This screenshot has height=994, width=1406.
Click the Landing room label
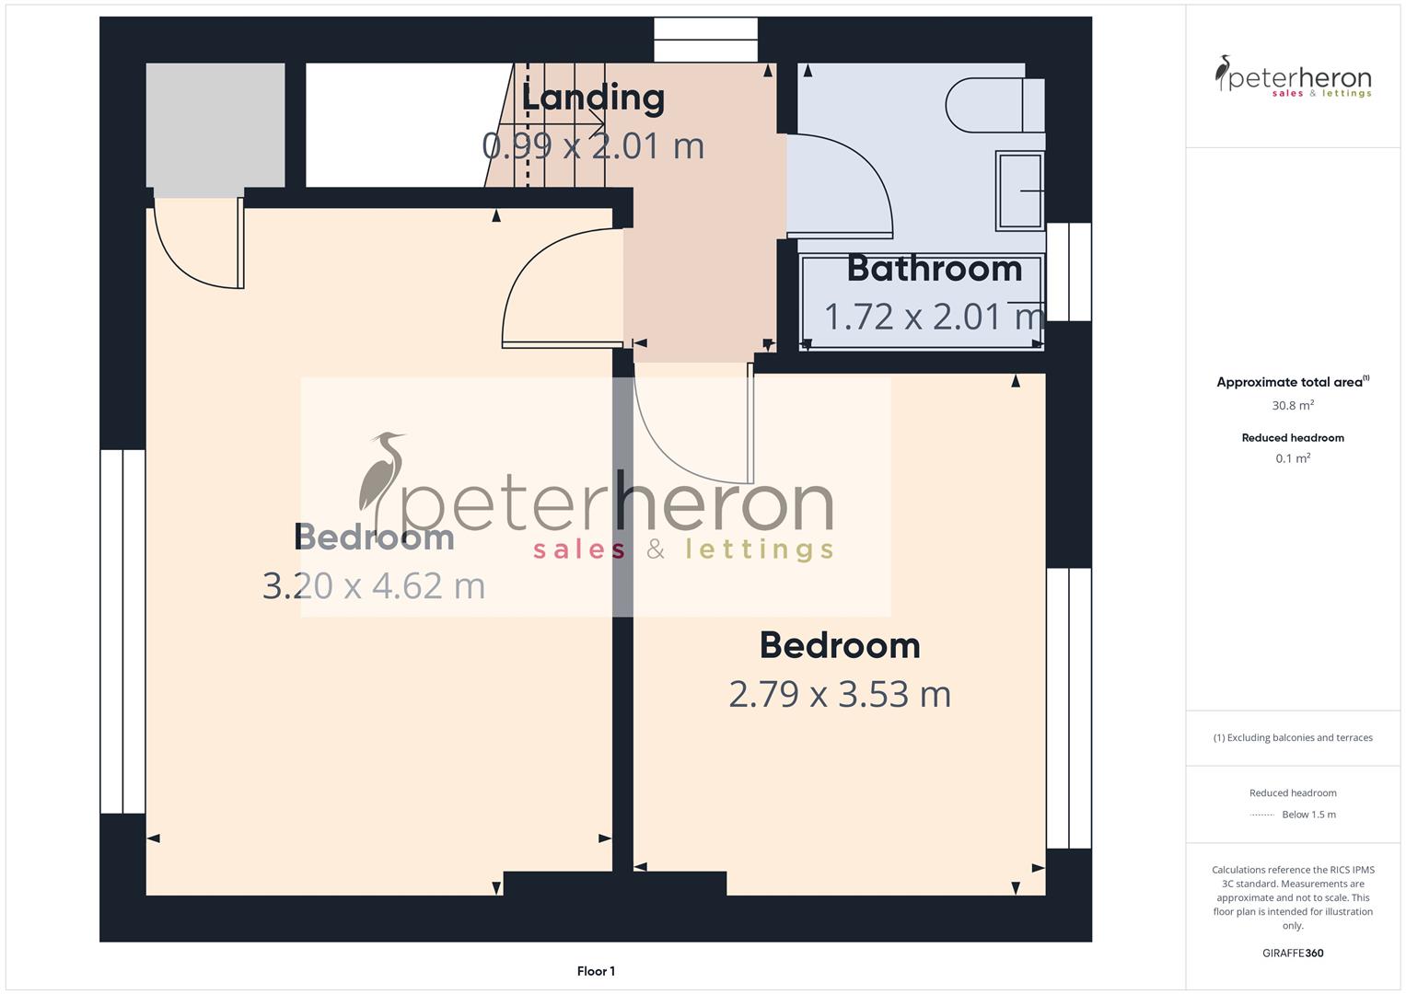593,98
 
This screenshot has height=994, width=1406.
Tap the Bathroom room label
934,269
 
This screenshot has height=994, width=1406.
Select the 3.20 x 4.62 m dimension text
374,585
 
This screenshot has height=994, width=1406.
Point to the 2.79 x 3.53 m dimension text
840,693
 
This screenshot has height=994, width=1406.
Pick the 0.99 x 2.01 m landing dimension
593,145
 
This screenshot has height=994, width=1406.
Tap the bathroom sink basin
1019,191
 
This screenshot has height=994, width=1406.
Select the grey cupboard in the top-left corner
215,124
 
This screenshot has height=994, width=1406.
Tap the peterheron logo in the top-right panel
1293,76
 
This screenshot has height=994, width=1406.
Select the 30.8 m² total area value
1293,405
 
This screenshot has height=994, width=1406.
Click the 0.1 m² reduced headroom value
1293,458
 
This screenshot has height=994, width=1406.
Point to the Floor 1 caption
596,971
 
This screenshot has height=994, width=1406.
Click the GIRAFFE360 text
1293,953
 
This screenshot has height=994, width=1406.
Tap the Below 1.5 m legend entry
1308,815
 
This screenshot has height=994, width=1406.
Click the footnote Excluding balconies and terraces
1293,737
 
